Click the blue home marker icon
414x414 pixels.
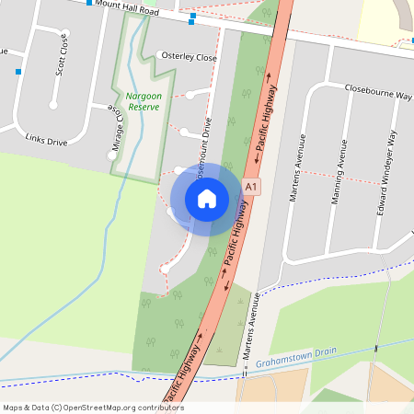[207, 198]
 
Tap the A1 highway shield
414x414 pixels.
[250, 187]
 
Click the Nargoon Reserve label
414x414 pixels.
[144, 101]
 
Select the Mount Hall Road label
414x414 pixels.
[128, 10]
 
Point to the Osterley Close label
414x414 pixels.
[189, 57]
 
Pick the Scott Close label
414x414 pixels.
[61, 58]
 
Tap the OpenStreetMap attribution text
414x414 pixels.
[93, 408]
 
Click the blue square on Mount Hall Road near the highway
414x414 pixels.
[192, 17]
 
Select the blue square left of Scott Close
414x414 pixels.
[18, 71]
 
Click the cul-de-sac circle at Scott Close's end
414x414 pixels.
[53, 106]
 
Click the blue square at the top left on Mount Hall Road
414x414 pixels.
[89, 3]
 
